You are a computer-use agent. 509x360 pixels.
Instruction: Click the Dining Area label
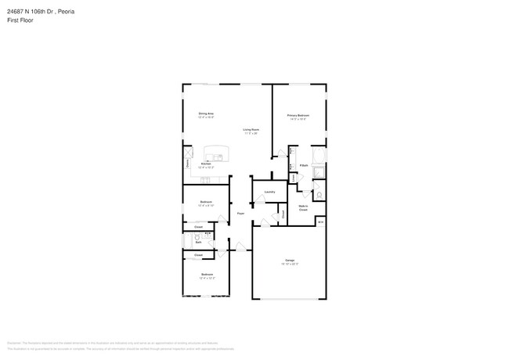206,114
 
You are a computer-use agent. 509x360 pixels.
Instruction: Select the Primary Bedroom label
298,115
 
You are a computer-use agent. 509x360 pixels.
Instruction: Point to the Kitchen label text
204,164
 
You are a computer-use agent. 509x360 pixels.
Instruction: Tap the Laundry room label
269,192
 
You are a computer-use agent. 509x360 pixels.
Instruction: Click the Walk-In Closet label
303,208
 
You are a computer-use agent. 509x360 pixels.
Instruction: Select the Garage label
290,260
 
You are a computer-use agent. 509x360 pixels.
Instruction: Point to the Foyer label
241,213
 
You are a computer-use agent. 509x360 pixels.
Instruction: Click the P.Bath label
303,166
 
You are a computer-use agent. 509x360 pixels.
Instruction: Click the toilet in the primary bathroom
319,195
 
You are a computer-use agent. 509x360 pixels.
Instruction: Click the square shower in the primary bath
319,174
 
